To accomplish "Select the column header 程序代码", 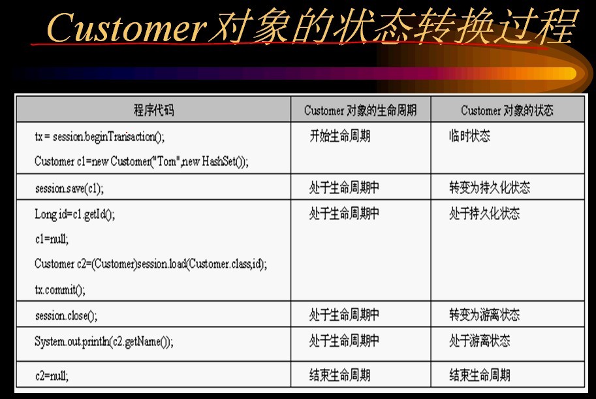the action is (153, 110).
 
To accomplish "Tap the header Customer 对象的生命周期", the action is (360, 110).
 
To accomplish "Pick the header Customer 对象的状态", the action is (507, 110).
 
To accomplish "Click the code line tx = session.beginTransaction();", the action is (100, 136).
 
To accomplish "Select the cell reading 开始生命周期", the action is (340, 136).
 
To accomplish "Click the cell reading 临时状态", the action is (469, 136).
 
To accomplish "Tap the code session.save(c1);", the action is (69, 188).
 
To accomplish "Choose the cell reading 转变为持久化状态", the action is (490, 187).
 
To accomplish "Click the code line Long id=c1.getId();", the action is (74, 215).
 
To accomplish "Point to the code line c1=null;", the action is (52, 239).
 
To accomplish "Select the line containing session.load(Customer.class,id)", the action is (151, 264).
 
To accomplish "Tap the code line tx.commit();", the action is (60, 290).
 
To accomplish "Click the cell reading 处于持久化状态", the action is (484, 214).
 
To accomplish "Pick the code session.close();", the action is (66, 315).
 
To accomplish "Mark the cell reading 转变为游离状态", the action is (484, 315).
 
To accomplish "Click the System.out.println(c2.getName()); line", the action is (104, 342).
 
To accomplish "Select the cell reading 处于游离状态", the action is (479, 340).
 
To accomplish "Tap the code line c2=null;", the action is (52, 376).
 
